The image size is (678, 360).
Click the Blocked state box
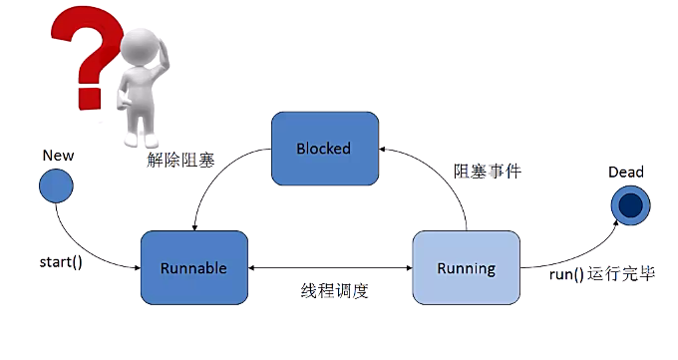(x=324, y=148)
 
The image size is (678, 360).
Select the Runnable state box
(x=193, y=267)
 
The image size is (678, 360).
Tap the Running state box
(x=466, y=267)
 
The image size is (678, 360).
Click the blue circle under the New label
(x=58, y=185)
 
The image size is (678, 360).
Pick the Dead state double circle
(x=630, y=204)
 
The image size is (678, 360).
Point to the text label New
(x=58, y=157)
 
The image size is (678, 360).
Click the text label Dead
(x=626, y=173)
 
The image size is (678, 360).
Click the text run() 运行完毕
(x=602, y=274)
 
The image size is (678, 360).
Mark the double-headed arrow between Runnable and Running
(x=329, y=267)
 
